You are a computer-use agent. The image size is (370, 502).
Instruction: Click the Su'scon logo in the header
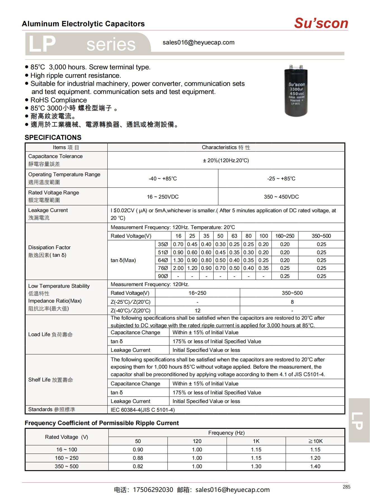(321, 23)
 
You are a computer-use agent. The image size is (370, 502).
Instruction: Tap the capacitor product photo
(296, 90)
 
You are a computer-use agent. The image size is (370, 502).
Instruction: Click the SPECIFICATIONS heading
(53, 137)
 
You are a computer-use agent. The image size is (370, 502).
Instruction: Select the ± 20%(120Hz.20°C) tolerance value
(226, 160)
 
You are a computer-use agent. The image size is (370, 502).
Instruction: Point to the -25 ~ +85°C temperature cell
(281, 178)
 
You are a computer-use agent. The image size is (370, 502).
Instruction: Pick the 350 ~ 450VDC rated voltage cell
(281, 197)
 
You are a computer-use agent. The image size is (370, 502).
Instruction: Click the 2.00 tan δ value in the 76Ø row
(178, 268)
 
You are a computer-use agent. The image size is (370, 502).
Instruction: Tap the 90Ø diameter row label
(163, 276)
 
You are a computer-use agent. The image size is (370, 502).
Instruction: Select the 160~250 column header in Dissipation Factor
(285, 236)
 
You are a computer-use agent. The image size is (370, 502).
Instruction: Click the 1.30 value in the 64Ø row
(178, 260)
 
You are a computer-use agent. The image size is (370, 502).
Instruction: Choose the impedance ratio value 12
(197, 310)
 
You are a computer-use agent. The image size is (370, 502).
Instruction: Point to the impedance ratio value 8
(292, 302)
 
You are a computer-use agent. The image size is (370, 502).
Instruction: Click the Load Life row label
(50, 334)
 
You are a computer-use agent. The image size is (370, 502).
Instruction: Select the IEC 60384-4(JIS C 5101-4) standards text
(143, 410)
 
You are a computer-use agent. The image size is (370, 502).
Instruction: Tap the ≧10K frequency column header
(315, 441)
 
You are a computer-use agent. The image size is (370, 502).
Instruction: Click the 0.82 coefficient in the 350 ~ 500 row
(138, 466)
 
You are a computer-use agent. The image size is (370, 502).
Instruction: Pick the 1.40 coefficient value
(315, 466)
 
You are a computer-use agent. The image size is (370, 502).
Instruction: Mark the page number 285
(346, 487)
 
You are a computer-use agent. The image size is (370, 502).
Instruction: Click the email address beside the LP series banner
(199, 43)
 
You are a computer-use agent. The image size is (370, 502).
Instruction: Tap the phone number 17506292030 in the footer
(153, 490)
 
